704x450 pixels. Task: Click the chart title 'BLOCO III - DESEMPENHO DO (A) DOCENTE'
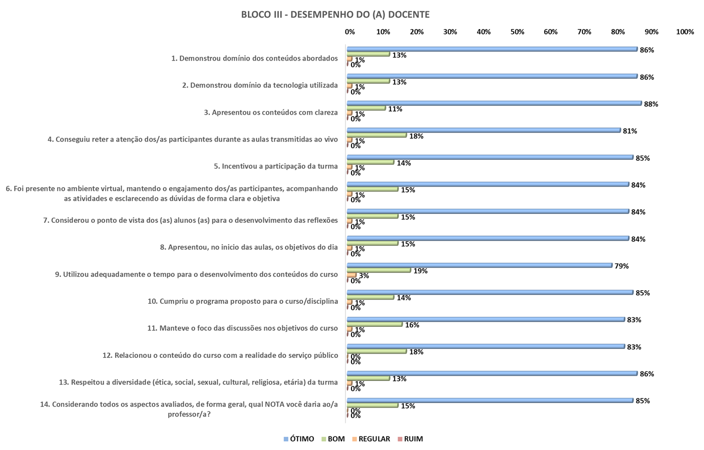335,15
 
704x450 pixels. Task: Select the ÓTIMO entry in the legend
299,439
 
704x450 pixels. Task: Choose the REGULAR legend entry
371,439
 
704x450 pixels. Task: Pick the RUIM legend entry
410,439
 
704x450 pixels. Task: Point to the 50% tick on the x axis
517,32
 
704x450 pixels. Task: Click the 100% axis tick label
685,32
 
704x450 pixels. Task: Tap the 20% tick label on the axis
417,32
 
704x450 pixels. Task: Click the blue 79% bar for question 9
479,265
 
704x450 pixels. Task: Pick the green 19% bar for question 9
378,270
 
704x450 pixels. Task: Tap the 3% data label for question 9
364,276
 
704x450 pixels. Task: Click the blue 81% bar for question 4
483,130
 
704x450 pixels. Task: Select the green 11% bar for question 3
366,108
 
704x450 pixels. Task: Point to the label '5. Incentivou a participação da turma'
276,166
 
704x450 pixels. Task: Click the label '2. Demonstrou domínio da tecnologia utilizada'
260,85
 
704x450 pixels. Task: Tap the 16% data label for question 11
412,325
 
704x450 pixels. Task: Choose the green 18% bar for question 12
376,351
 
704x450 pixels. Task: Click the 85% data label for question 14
642,400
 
